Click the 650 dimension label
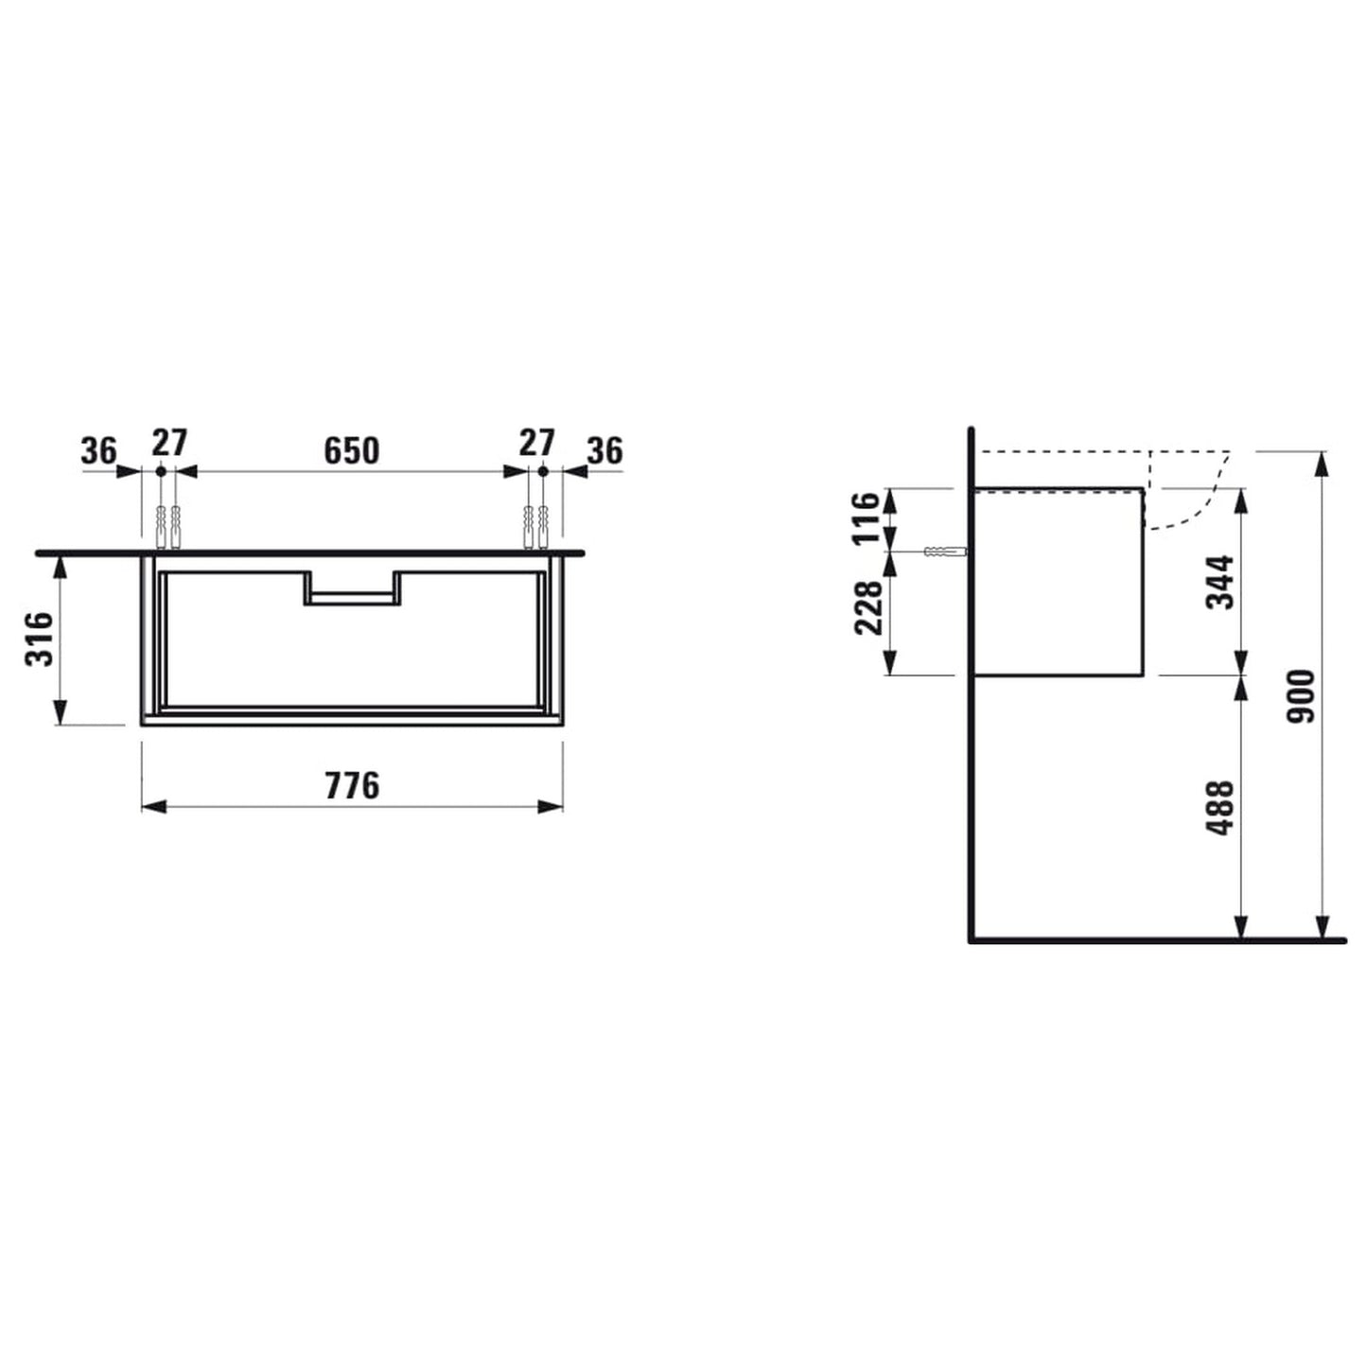coord(351,451)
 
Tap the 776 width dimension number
coord(352,785)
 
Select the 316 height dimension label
coord(40,639)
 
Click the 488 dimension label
coord(1220,807)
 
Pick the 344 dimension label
coord(1220,582)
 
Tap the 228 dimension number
coord(868,607)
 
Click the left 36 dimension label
coord(98,451)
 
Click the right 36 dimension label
coord(605,451)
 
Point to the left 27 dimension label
coord(170,442)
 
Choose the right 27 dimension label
coord(536,442)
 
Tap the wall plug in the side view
coord(943,552)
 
